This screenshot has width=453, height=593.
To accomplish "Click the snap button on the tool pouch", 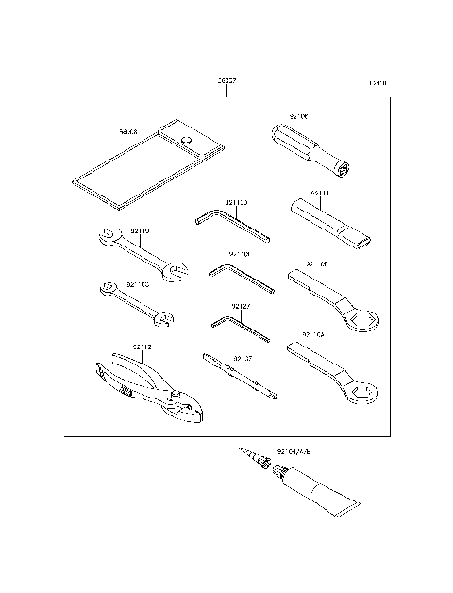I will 187,141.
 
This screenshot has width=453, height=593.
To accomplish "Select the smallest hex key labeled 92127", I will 242,330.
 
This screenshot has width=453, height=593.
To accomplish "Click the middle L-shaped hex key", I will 243,277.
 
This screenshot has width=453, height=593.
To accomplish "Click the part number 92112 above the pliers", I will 142,347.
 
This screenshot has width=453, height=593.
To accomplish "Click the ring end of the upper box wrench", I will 360,322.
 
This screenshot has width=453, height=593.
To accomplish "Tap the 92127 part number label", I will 242,307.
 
